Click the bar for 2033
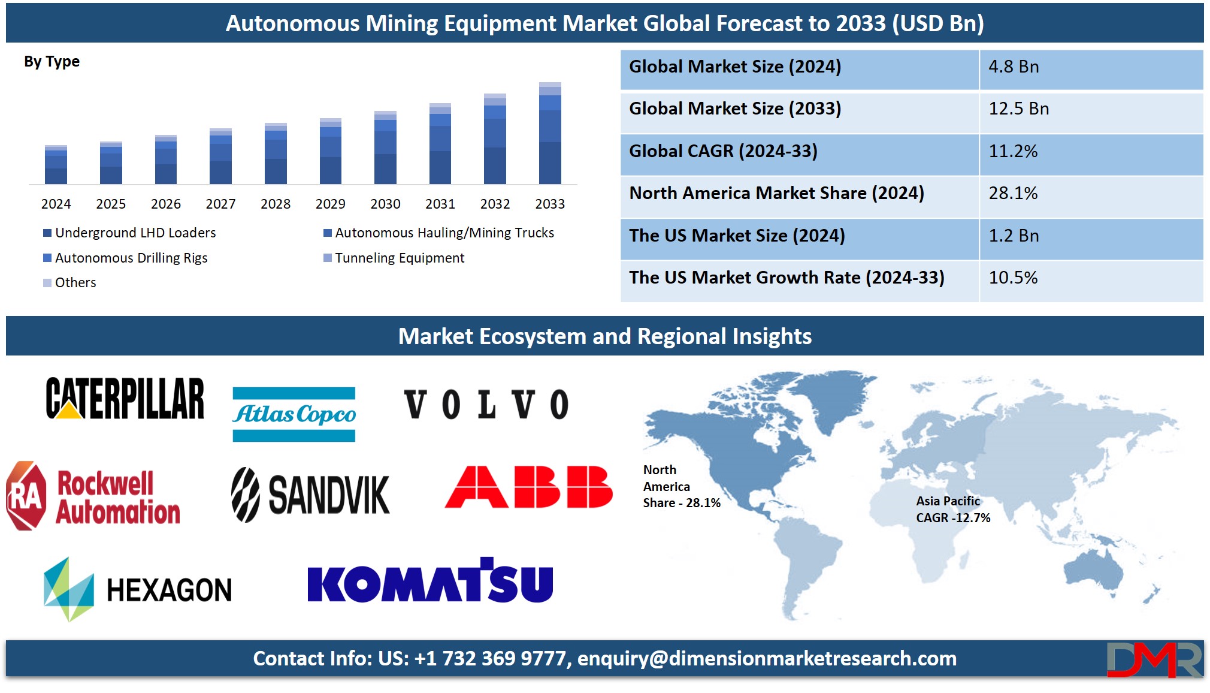coord(550,133)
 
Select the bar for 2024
coord(56,164)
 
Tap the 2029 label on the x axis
coord(330,204)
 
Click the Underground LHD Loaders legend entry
coord(129,233)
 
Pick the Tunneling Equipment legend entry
coord(394,258)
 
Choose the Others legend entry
coord(69,282)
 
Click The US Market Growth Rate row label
coord(786,278)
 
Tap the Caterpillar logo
coord(125,398)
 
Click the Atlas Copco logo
coord(294,414)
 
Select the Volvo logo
coord(486,404)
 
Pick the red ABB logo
coord(529,487)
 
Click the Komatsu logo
coord(430,580)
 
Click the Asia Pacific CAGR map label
coord(953,510)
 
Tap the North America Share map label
coord(682,486)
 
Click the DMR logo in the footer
coord(1154,659)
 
